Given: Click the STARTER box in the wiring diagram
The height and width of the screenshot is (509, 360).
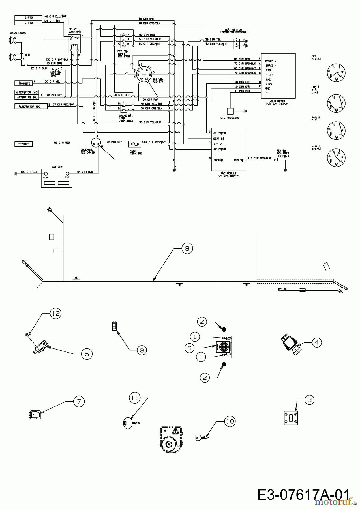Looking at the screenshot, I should tap(24, 144).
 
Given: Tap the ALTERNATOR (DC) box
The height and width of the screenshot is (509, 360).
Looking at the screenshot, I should tap(31, 107).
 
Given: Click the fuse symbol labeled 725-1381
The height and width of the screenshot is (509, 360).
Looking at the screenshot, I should tap(134, 144).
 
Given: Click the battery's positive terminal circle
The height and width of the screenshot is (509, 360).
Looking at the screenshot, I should tap(67, 174).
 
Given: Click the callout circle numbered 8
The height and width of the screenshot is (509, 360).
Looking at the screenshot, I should tap(187, 248).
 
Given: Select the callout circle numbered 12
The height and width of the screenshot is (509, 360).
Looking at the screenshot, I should tap(56, 313).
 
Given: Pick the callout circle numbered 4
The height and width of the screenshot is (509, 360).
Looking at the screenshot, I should tap(317, 342).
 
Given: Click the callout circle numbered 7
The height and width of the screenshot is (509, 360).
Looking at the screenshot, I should tap(79, 401).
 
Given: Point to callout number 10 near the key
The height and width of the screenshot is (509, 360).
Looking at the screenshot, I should tap(230, 421).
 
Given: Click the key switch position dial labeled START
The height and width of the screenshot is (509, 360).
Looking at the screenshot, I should tap(336, 157).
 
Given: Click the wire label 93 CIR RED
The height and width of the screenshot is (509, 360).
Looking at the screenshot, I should tap(62, 143).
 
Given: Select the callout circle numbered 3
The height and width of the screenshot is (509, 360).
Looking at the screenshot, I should tap(309, 400).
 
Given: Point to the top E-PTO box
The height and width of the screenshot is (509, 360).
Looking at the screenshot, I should tap(28, 18).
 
